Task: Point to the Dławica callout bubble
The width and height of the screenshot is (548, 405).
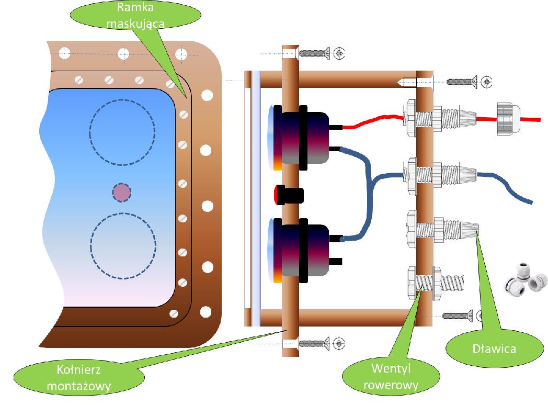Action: pos(486,348)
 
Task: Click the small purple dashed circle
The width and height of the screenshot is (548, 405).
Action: pos(122,193)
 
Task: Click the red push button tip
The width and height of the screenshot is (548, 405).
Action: pos(275,195)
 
